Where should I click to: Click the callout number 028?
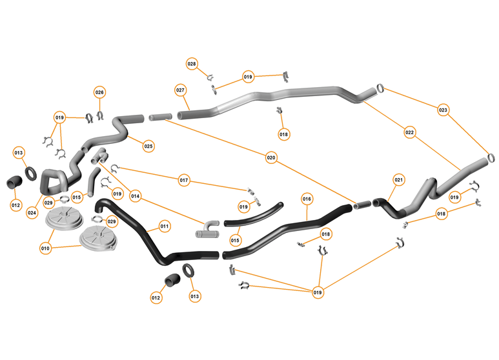tap(192, 64)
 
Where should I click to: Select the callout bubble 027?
tap(180, 90)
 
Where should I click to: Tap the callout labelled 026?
tap(99, 92)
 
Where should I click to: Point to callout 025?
tap(148, 146)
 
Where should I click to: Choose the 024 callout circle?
tap(32, 212)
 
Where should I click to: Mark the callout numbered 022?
tap(409, 132)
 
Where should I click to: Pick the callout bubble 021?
tap(398, 179)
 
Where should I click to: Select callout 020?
tap(271, 157)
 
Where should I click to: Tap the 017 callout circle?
tap(184, 180)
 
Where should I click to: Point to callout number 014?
tap(136, 195)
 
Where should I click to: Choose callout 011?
tap(165, 226)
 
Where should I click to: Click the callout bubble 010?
tap(45, 248)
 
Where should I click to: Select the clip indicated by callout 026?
tap(100, 115)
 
